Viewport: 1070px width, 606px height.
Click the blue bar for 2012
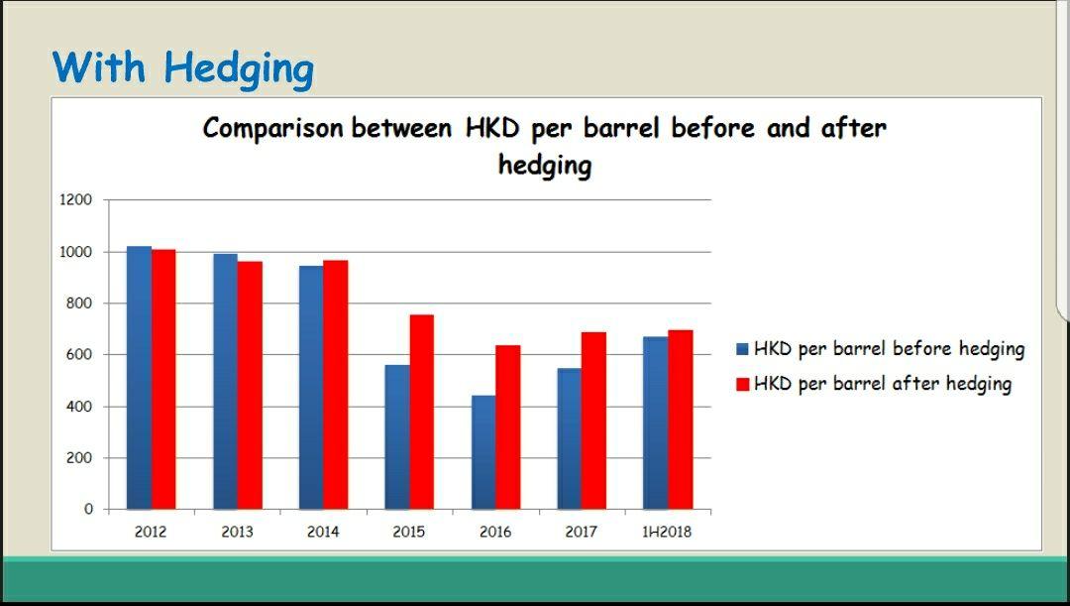[140, 378]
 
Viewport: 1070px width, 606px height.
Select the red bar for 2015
[422, 412]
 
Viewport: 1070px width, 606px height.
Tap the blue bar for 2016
[483, 452]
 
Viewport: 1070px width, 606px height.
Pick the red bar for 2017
[593, 421]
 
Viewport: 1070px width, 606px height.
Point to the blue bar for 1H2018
[656, 423]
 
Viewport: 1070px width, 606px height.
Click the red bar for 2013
[250, 386]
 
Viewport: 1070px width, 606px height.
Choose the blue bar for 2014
[311, 388]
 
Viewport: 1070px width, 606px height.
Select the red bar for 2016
[507, 427]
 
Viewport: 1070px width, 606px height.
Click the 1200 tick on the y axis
[75, 200]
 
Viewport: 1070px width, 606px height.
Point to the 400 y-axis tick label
[78, 407]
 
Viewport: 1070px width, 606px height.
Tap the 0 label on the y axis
[89, 509]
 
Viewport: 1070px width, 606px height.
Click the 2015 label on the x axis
[409, 532]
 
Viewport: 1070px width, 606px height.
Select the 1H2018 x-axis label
[667, 532]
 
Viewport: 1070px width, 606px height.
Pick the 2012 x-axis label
[151, 532]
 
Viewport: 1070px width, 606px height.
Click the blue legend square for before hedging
[742, 349]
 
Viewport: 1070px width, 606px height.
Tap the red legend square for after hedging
[742, 384]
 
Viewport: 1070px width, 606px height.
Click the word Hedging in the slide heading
[239, 69]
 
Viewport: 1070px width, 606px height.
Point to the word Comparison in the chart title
[273, 129]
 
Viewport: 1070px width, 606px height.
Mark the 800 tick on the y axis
[78, 303]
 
